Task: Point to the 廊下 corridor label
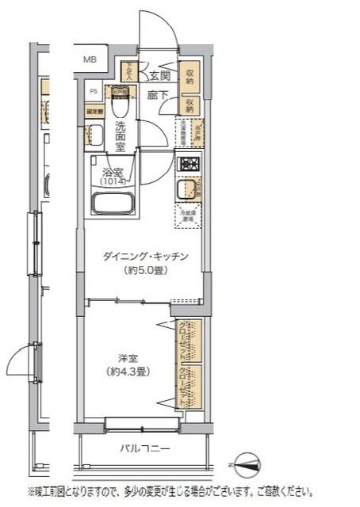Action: [x=157, y=95]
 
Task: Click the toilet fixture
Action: [x=120, y=103]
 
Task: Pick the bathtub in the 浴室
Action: [x=115, y=202]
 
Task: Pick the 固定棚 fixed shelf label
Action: [x=94, y=112]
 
